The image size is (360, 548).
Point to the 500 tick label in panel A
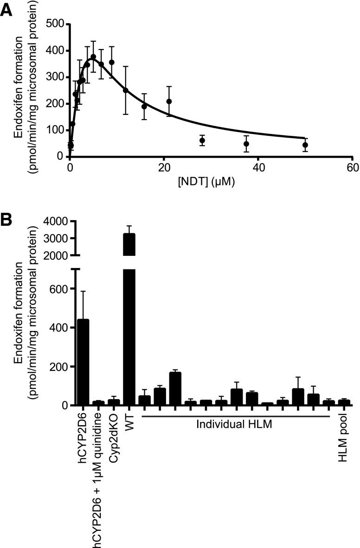tap(54, 24)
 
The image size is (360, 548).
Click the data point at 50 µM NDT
tap(305, 145)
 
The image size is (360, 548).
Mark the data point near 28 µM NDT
tap(202, 140)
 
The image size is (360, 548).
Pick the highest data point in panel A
tap(93, 57)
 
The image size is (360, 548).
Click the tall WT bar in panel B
tap(129, 325)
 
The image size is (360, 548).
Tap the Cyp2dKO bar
tap(114, 402)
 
